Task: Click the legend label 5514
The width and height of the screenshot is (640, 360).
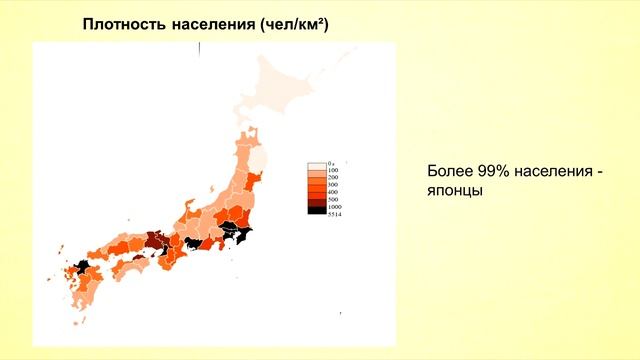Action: [x=333, y=213]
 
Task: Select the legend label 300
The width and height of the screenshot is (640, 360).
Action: [x=332, y=186]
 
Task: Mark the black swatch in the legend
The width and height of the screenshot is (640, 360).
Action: [x=317, y=209]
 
